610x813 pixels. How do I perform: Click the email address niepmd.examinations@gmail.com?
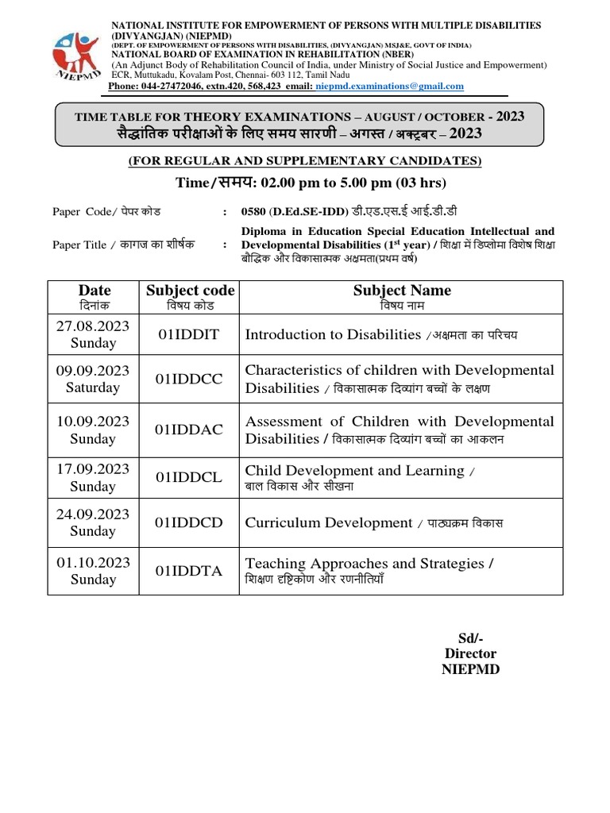pyautogui.click(x=389, y=87)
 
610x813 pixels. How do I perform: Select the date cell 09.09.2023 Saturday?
pyautogui.click(x=94, y=379)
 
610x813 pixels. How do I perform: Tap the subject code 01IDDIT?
pyautogui.click(x=190, y=335)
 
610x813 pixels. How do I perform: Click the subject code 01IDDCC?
pyautogui.click(x=190, y=380)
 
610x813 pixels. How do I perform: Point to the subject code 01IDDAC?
pyautogui.click(x=190, y=430)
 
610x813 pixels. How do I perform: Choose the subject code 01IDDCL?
pyautogui.click(x=190, y=478)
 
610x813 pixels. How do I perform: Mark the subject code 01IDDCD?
pyautogui.click(x=190, y=523)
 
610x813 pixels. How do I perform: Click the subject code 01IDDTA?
pyautogui.click(x=190, y=571)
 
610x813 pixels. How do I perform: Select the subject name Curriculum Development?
pyautogui.click(x=329, y=523)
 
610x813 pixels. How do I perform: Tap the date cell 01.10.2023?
pyautogui.click(x=94, y=563)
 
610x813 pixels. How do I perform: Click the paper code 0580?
pyautogui.click(x=253, y=211)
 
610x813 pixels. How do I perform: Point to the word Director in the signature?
pyautogui.click(x=470, y=653)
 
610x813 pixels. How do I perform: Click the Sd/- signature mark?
pyautogui.click(x=470, y=638)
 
